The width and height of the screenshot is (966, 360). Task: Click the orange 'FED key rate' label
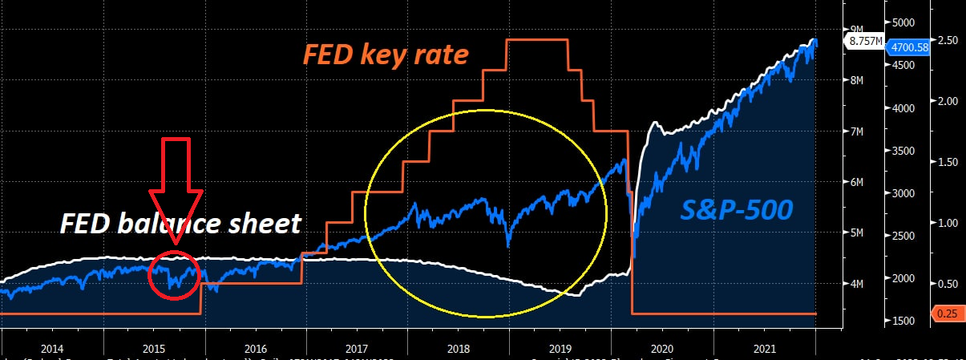click(x=385, y=55)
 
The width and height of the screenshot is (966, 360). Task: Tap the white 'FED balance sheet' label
click(x=180, y=223)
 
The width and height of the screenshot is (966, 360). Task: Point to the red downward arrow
click(x=176, y=188)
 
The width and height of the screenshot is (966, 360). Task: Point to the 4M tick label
click(x=856, y=284)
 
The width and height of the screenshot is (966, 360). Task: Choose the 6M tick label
click(x=856, y=182)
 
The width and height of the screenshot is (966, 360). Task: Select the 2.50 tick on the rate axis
click(x=948, y=40)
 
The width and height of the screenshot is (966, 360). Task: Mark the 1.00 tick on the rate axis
click(x=948, y=223)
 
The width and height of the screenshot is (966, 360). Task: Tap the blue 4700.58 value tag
click(x=909, y=47)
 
